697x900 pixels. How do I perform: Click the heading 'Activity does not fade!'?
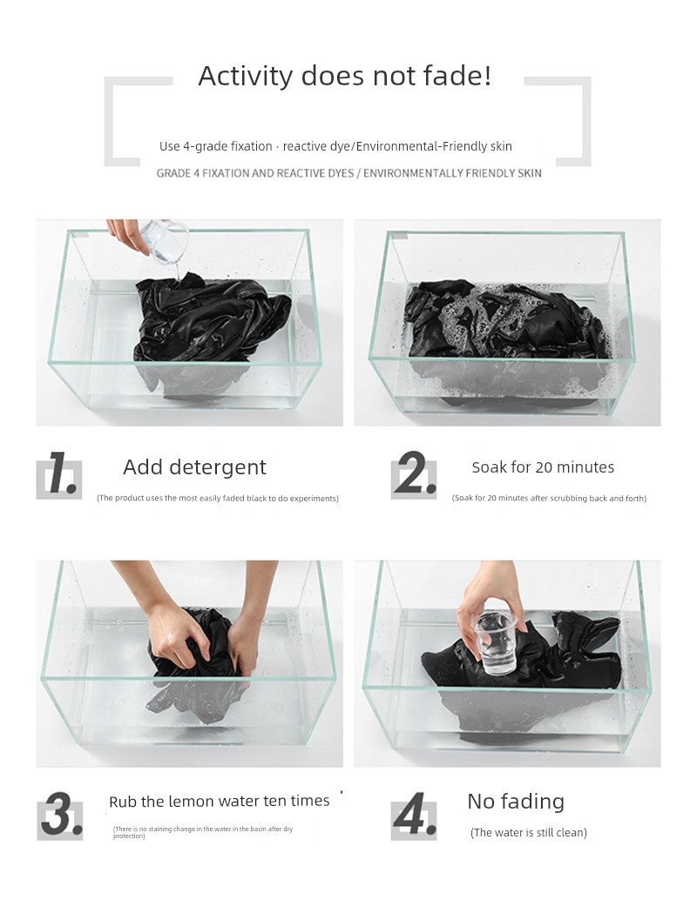pyautogui.click(x=345, y=76)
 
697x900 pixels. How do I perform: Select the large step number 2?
pyautogui.click(x=413, y=473)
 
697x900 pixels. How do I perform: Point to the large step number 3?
pyautogui.click(x=62, y=813)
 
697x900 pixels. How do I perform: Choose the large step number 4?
pyautogui.click(x=414, y=813)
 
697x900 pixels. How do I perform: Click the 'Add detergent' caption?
pyautogui.click(x=195, y=467)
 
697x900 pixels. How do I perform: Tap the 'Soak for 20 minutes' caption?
pyautogui.click(x=543, y=467)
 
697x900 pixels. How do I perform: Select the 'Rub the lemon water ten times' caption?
pyautogui.click(x=220, y=801)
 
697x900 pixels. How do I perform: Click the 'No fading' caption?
pyautogui.click(x=516, y=802)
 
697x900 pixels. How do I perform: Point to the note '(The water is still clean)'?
pyautogui.click(x=529, y=832)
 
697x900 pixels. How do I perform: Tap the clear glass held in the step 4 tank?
pyautogui.click(x=496, y=643)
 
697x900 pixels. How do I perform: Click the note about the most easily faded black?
pyautogui.click(x=218, y=498)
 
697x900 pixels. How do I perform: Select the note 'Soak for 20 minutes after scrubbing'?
pyautogui.click(x=550, y=498)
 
